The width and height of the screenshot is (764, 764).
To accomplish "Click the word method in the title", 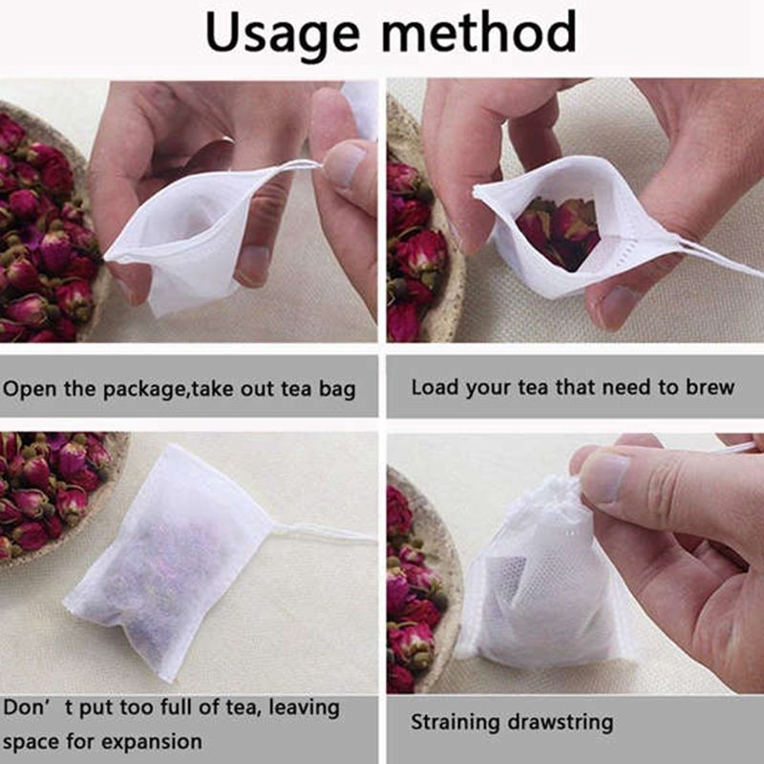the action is pyautogui.click(x=479, y=31).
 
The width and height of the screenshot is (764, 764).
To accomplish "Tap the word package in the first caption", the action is pyautogui.click(x=145, y=390).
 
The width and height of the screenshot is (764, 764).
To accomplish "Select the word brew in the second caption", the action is pyautogui.click(x=710, y=387).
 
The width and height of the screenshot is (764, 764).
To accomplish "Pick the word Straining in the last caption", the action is pyautogui.click(x=456, y=723).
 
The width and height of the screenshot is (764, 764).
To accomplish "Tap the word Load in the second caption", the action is pyautogui.click(x=435, y=387).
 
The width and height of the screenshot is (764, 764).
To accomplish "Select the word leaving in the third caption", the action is pyautogui.click(x=304, y=708).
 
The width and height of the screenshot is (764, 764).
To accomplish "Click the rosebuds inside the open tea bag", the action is pyautogui.click(x=558, y=231).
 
